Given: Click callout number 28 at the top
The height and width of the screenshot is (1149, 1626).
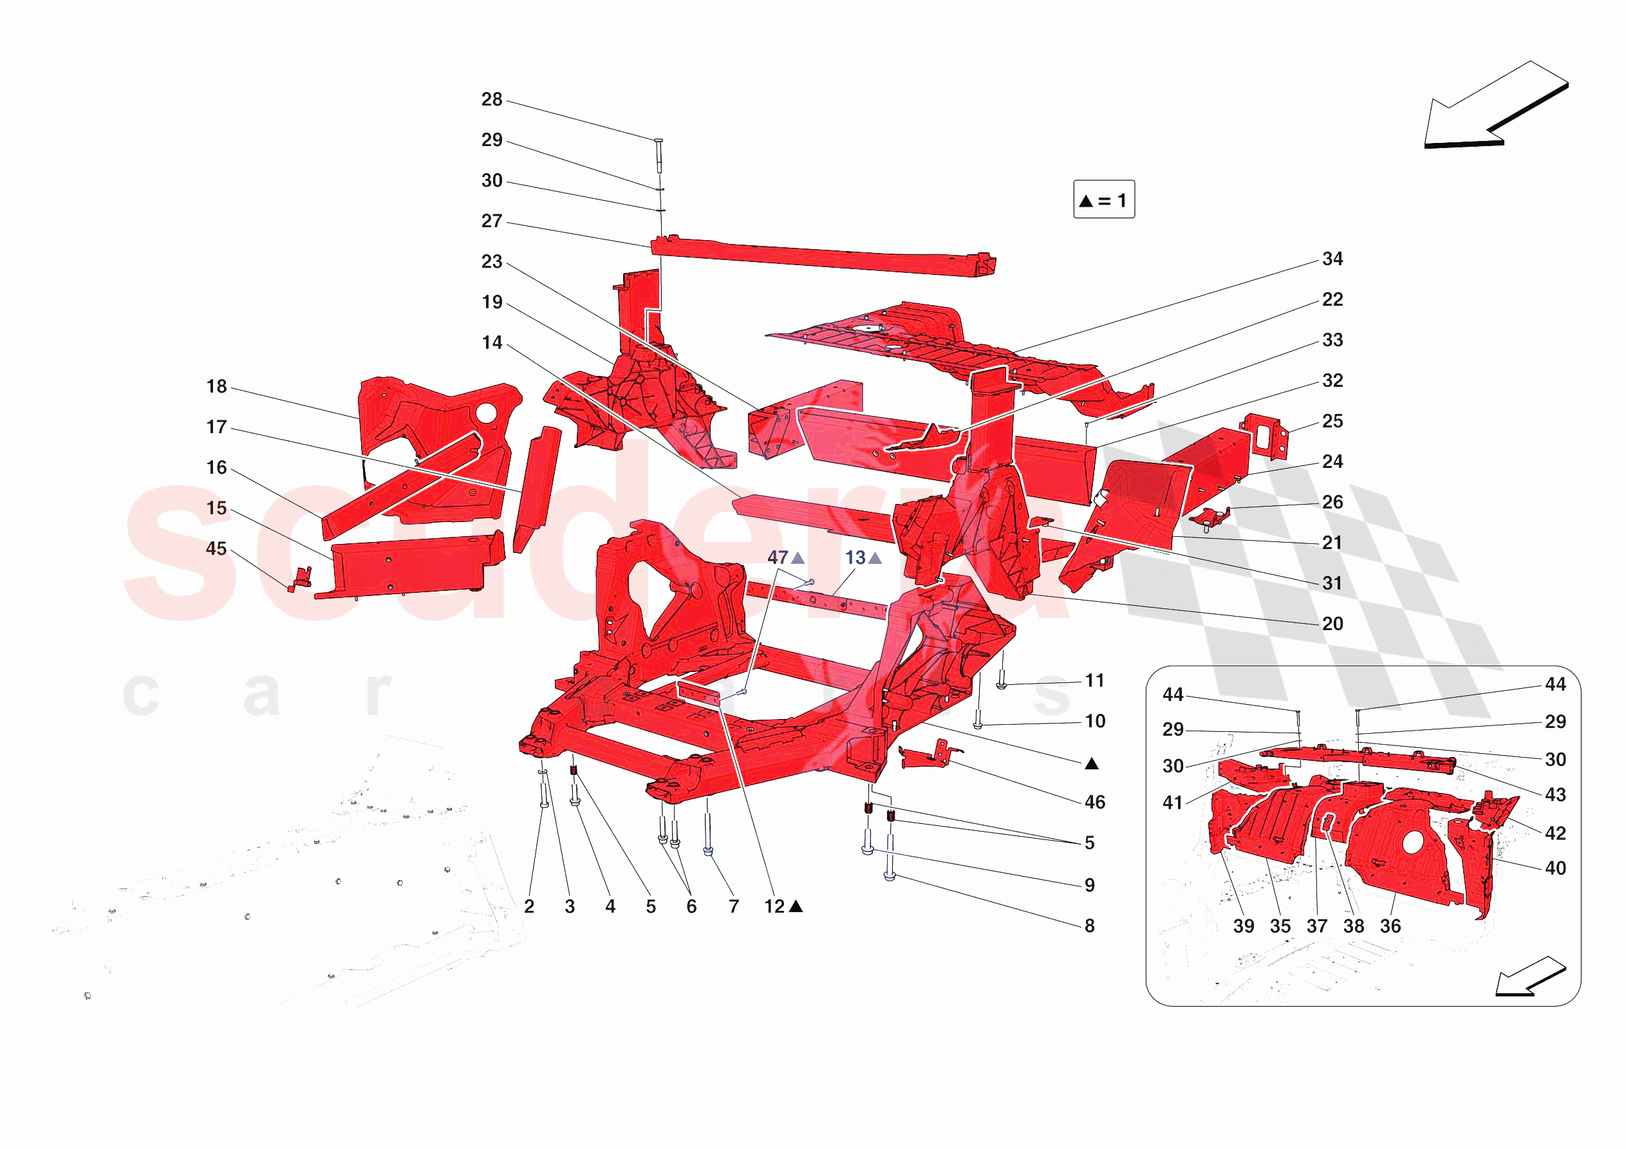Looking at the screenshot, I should point(492,100).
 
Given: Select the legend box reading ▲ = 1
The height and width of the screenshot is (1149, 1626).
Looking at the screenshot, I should point(1103,200).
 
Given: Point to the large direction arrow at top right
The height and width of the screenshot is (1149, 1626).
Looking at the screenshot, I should point(1493,106).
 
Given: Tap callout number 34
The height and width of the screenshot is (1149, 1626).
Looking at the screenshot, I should point(1332,259).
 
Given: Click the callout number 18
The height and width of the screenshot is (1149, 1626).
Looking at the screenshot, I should point(217,387).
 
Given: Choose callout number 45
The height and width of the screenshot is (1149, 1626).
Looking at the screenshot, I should point(217,549).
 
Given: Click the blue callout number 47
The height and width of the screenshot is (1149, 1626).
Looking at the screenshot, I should point(778,558).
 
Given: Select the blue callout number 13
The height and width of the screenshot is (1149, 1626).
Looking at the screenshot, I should point(855,558).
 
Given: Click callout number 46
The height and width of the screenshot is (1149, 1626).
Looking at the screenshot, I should point(1095,803).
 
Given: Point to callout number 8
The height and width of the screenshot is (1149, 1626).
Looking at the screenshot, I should point(1089,926).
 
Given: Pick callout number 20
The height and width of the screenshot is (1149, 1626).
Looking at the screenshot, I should point(1332,624).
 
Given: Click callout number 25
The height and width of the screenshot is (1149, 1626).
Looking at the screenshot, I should point(1332,422).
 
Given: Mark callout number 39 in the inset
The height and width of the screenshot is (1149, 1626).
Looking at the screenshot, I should point(1244,926).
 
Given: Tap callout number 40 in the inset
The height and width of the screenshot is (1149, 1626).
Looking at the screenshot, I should point(1555,868).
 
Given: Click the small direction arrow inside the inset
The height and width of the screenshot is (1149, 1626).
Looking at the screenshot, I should point(1528,978).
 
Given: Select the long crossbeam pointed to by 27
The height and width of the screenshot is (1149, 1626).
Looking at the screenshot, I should point(821,256).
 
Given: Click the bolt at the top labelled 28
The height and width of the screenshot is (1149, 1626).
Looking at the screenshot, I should point(658,154).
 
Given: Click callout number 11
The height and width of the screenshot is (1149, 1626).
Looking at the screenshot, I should point(1095,682).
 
